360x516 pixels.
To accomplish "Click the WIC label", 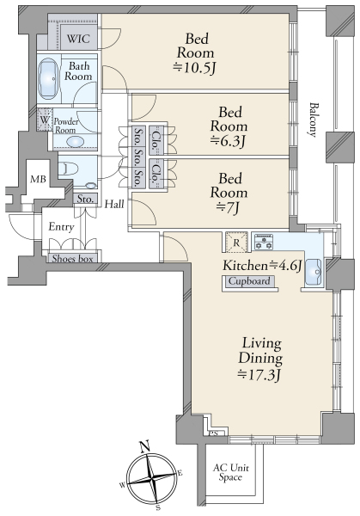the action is [x=78, y=39].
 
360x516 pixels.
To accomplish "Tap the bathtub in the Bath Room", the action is [x=48, y=79].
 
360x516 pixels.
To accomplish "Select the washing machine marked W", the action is [x=45, y=120].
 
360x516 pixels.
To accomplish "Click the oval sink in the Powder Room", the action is [x=75, y=142].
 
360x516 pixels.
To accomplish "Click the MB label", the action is [x=38, y=180].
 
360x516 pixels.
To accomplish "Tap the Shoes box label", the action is [x=73, y=259].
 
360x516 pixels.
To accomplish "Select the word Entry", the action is [x=61, y=227].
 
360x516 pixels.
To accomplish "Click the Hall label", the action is [x=114, y=205].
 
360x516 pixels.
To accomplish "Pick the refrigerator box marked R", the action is [x=236, y=243].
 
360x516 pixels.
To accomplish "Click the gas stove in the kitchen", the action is [x=264, y=242].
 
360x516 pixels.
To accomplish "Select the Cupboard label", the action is [x=249, y=281].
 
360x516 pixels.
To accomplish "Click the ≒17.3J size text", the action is [x=259, y=374].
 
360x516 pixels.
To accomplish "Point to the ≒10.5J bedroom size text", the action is [x=195, y=68].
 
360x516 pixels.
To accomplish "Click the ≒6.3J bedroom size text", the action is [x=229, y=141].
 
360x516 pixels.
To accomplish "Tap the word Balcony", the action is [x=314, y=120].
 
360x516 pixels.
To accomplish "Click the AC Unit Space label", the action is [x=230, y=472].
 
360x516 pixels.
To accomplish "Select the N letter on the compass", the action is [x=144, y=446].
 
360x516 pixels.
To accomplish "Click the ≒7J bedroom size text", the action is [x=229, y=208].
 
